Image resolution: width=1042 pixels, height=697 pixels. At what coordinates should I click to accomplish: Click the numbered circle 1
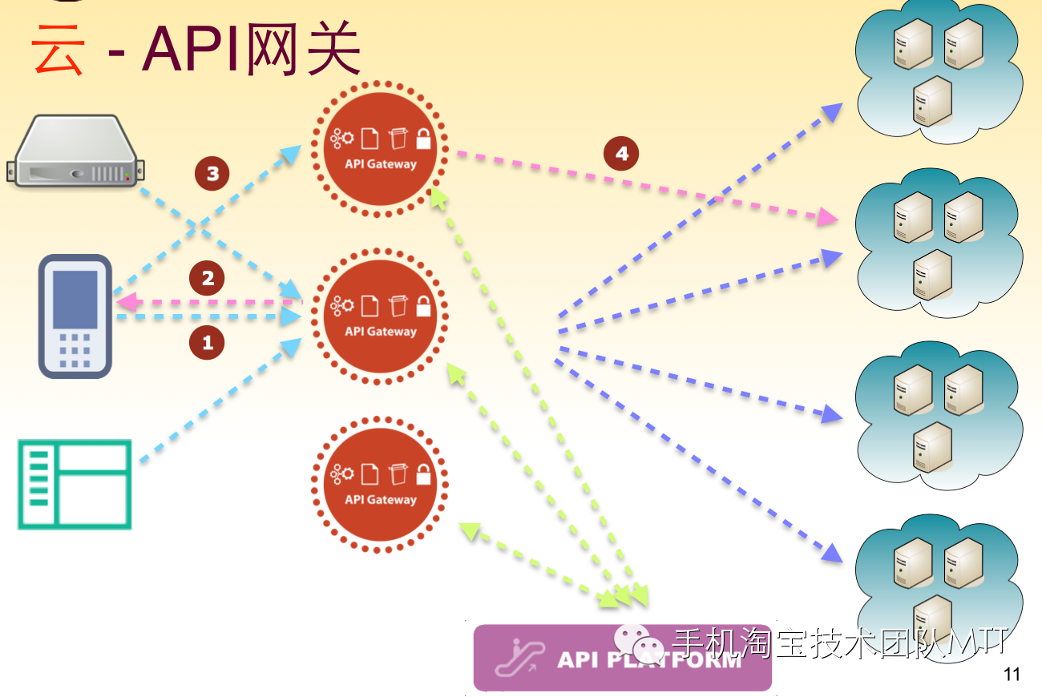[208, 343]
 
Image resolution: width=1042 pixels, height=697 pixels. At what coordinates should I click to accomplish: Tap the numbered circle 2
[208, 278]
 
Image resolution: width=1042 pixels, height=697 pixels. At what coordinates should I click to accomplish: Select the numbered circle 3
[212, 173]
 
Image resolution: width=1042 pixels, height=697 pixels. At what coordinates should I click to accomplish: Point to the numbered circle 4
[621, 153]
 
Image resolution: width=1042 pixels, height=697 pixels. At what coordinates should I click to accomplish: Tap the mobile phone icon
[75, 316]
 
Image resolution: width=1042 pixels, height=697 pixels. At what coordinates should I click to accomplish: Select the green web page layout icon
[75, 484]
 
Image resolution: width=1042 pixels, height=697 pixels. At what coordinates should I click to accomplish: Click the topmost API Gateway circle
[380, 149]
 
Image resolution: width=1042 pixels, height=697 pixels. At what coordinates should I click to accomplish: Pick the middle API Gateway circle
[380, 316]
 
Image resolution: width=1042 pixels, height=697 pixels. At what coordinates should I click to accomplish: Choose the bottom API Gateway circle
[380, 485]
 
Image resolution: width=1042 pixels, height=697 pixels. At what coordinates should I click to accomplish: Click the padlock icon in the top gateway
[423, 139]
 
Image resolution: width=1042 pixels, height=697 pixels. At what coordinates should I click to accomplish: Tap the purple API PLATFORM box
[622, 658]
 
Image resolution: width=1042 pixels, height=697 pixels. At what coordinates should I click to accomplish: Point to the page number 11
[1012, 674]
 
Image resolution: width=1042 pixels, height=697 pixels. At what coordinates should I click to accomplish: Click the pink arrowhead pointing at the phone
[124, 303]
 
